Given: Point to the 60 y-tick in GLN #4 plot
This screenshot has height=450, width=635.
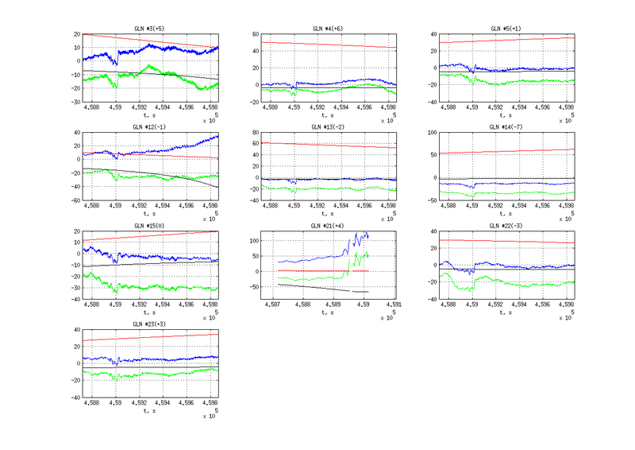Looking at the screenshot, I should [x=254, y=34].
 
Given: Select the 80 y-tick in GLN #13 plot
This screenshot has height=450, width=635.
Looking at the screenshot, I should [x=254, y=133].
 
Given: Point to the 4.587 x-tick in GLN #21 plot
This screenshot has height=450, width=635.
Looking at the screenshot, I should [x=272, y=305].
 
